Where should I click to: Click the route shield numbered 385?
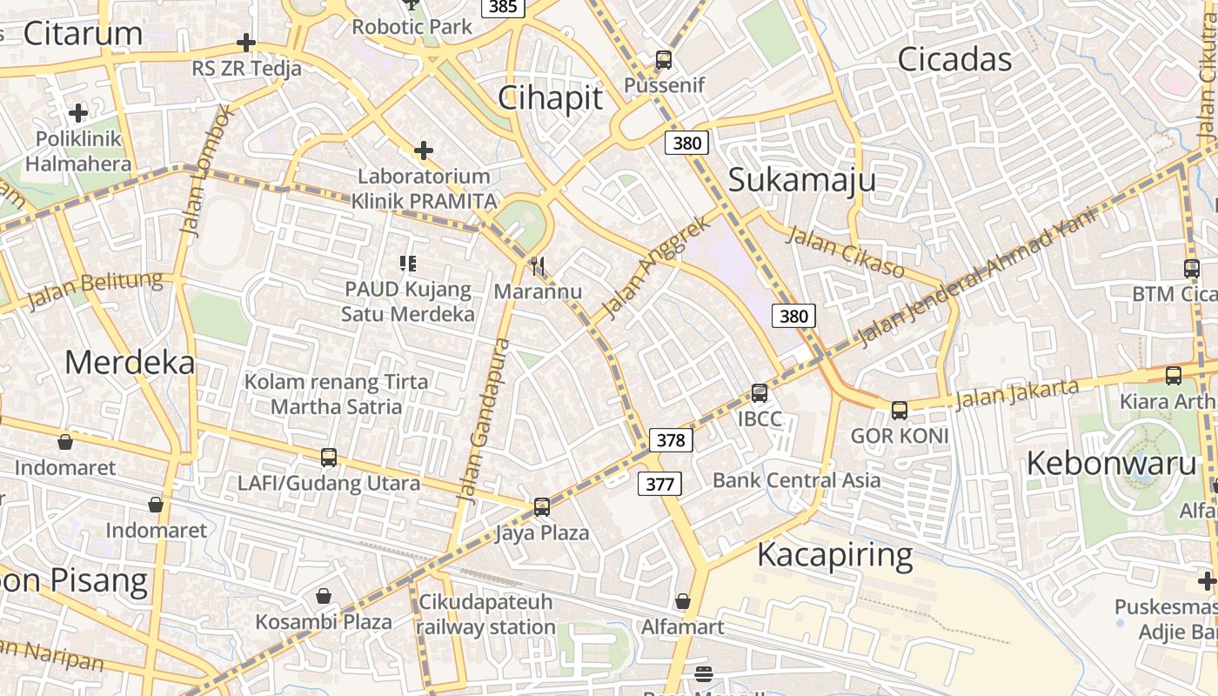pos(503,7)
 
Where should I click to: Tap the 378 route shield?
pos(671,440)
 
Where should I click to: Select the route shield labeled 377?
pos(659,483)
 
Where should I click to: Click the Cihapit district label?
pos(550,98)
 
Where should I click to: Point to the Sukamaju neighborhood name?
pos(801,180)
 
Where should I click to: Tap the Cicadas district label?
pos(954,59)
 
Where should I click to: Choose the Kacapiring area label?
pos(834,554)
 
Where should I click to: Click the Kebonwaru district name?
pos(1112,463)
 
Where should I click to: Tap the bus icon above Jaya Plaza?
pos(542,506)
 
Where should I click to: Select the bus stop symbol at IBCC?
pos(760,393)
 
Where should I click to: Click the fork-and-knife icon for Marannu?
pos(538,265)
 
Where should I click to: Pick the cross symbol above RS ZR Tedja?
pos(246,43)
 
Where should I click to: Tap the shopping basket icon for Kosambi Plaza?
pos(324,596)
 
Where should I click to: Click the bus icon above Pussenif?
pos(664,60)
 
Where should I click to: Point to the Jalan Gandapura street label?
pos(484,419)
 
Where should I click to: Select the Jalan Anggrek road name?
pos(656,266)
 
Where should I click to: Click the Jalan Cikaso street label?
pos(847,251)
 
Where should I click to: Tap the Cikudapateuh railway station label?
pos(485,614)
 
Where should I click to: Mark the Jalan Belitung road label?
pos(96,291)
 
